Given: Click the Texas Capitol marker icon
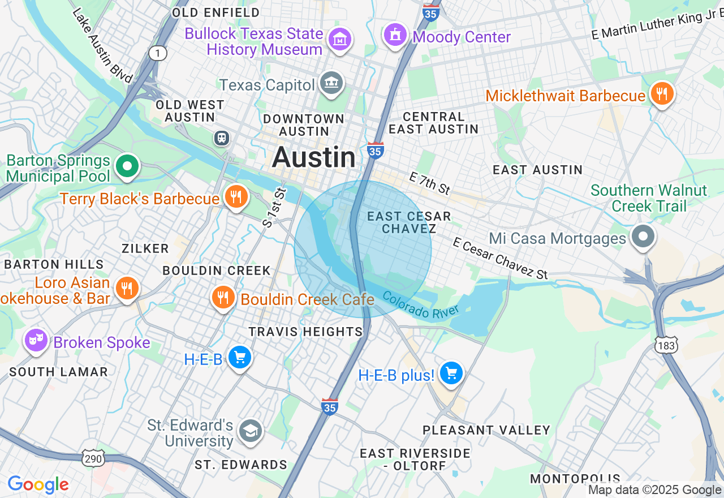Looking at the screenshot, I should click(x=331, y=84).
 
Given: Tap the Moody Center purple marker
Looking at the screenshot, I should click(x=395, y=36).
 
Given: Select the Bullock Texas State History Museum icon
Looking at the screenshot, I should click(x=340, y=40).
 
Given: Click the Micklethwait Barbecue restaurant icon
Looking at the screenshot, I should click(x=661, y=93).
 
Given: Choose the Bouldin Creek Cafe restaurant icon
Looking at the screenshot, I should click(x=223, y=297).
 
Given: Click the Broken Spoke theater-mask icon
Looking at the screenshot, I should click(x=36, y=341).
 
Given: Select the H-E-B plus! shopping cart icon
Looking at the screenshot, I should click(x=451, y=373).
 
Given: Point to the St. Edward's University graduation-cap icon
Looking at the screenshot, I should click(x=249, y=431).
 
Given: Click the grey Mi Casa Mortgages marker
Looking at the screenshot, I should click(x=643, y=236).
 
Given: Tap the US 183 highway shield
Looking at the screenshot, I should click(x=666, y=345).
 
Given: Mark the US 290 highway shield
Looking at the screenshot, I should click(x=93, y=458).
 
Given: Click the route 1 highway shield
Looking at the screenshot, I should click(x=158, y=53).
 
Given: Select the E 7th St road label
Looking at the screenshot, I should click(x=430, y=183).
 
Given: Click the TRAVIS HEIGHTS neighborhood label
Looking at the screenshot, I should click(x=305, y=332).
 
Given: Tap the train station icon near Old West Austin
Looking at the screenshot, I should click(x=222, y=138).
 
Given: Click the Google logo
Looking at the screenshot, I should click(x=38, y=484).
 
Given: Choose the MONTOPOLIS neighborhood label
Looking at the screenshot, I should click(x=575, y=479).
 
